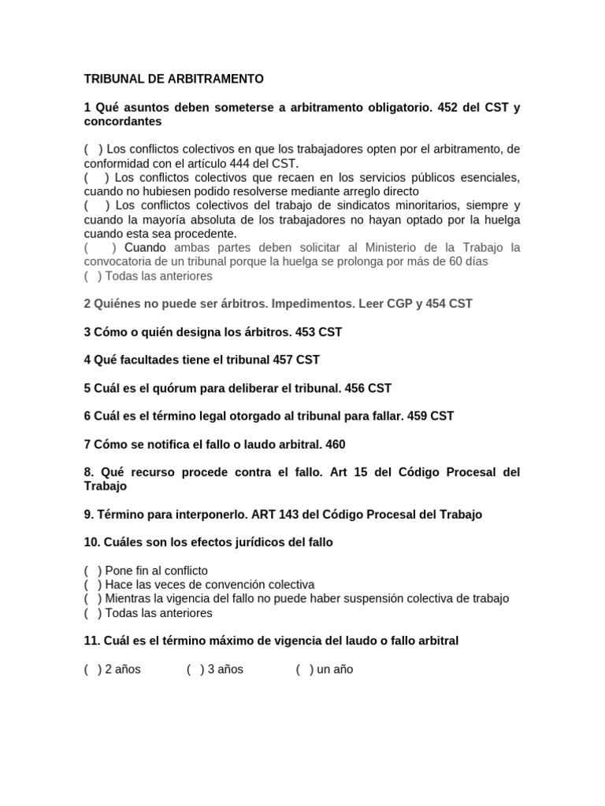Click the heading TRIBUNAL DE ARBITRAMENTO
[x=174, y=79]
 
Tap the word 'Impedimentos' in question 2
[x=312, y=303]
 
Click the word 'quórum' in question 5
[x=168, y=388]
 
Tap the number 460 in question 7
[x=335, y=444]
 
